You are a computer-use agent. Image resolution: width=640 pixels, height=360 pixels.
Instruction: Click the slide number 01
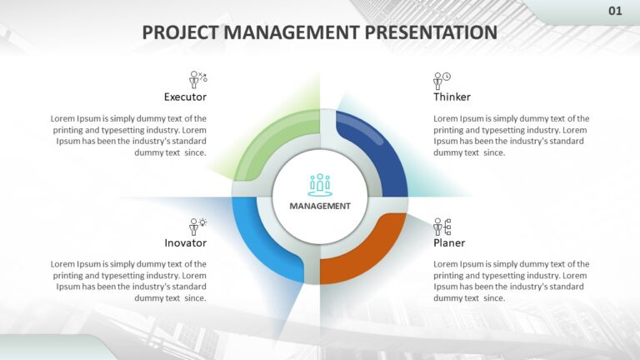click(x=615, y=11)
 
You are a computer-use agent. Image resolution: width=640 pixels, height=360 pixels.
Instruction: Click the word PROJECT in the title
click(x=179, y=32)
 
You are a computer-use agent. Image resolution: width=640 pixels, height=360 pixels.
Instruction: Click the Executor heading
click(x=185, y=97)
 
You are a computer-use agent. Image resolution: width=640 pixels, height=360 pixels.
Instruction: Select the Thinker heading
click(x=452, y=97)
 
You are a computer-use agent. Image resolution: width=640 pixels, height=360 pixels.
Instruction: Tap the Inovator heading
click(x=185, y=242)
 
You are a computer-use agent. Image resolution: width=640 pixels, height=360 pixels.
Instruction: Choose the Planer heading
click(x=449, y=242)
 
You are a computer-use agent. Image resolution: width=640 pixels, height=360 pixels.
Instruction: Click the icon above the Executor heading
click(x=197, y=80)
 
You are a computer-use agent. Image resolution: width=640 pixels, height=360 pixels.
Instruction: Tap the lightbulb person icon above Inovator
click(x=197, y=226)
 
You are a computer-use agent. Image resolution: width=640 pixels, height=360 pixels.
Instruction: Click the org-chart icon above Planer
click(x=442, y=226)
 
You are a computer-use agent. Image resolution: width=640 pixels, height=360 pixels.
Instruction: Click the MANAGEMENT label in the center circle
click(x=320, y=206)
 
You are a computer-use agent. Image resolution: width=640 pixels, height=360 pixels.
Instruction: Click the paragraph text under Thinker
click(x=511, y=135)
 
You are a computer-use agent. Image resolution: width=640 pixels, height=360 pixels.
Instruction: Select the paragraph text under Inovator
click(x=129, y=281)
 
